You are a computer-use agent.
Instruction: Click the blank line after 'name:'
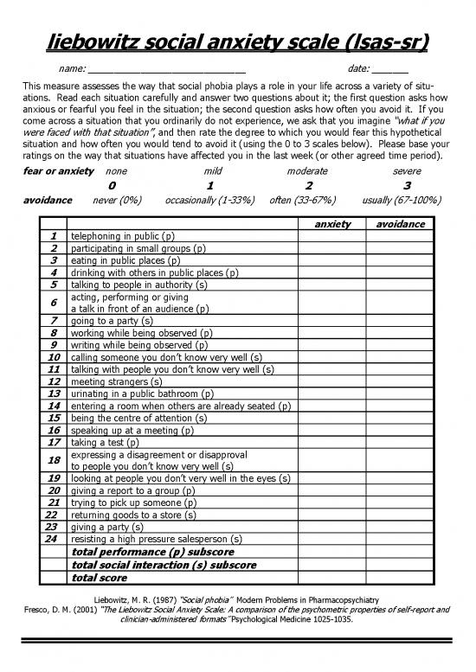(x=166, y=68)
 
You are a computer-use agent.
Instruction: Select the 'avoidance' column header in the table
(x=397, y=224)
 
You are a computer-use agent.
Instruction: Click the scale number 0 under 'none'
(x=112, y=185)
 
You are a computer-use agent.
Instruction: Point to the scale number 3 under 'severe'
(x=407, y=185)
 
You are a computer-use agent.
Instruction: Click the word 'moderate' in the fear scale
(x=307, y=171)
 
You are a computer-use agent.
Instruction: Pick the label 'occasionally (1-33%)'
(x=209, y=200)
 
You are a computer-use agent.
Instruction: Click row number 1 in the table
(x=54, y=235)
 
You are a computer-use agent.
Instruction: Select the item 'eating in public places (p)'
(x=125, y=259)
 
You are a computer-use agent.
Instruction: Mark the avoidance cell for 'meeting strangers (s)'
(x=397, y=381)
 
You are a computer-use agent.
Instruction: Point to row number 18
(x=54, y=459)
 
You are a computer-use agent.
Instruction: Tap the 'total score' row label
(x=99, y=577)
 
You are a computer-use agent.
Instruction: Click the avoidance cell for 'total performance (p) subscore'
(x=397, y=551)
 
